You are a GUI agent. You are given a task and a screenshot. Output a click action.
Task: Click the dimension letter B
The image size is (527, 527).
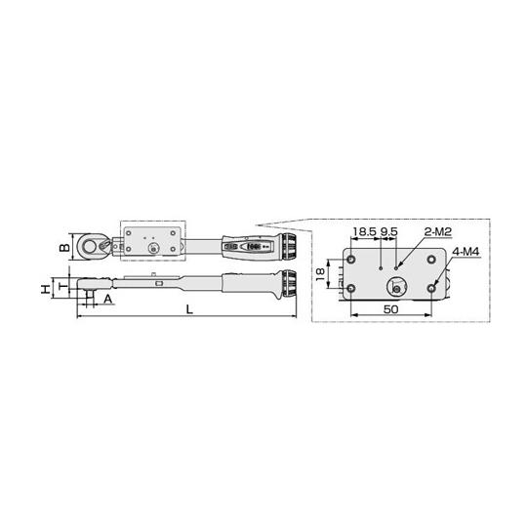tap(64, 247)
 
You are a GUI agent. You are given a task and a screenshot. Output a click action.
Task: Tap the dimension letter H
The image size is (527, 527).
tap(46, 288)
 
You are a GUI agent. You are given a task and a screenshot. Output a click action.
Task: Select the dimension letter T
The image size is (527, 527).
tap(63, 286)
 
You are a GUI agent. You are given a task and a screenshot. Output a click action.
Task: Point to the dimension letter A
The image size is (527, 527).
tap(107, 299)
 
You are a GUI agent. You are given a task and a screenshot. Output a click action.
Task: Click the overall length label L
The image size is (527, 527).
tap(189, 309)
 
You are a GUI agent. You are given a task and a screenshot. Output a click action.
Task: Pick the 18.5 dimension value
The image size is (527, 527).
tap(364, 231)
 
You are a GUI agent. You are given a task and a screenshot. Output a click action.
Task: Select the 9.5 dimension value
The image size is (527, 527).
tap(388, 231)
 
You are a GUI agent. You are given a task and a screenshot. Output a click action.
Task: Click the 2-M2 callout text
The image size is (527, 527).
tap(438, 231)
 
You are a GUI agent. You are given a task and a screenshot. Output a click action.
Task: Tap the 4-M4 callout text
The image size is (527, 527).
tap(466, 252)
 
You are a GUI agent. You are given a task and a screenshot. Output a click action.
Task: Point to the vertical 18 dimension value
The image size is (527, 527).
tap(321, 274)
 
